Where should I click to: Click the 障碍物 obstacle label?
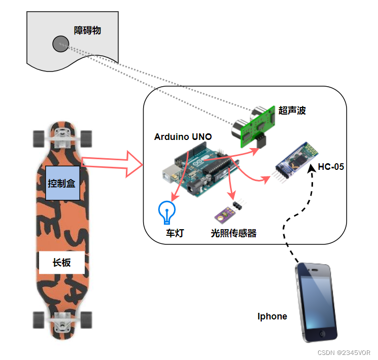[87, 30]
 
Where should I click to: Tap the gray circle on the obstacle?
[60, 44]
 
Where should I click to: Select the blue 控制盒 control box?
[62, 183]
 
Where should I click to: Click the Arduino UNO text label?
[183, 137]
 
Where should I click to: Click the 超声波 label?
[292, 110]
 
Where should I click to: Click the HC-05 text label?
[331, 166]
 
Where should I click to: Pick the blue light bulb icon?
[166, 211]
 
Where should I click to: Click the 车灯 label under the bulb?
[175, 233]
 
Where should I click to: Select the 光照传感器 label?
[234, 233]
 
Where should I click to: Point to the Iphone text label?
[272, 316]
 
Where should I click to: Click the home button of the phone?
[322, 334]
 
